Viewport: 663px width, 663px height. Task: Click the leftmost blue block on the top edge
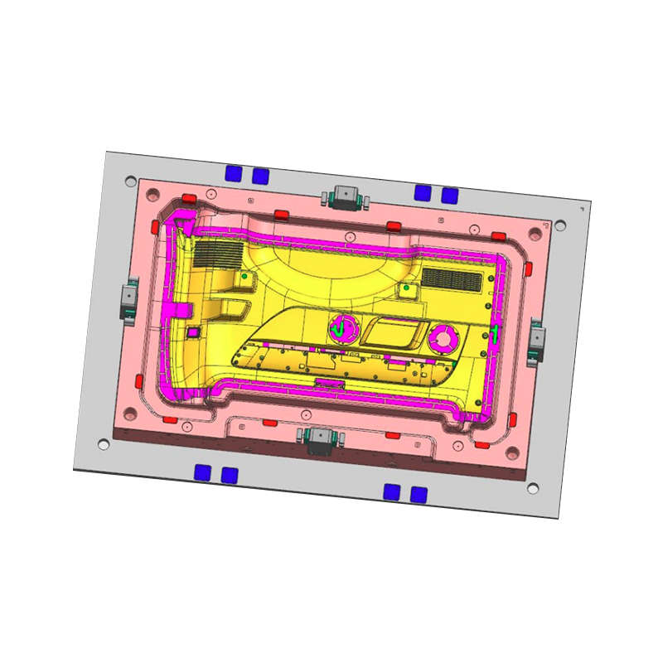click(235, 172)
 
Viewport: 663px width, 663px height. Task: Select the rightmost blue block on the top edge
click(450, 196)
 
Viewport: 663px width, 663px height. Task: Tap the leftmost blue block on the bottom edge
click(202, 472)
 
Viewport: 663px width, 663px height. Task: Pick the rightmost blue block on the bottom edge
click(419, 494)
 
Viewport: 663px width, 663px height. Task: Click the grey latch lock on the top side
click(342, 196)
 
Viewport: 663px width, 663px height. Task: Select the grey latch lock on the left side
click(128, 297)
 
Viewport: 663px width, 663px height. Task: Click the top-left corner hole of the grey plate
click(129, 180)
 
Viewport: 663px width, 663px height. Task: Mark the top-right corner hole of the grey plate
click(560, 225)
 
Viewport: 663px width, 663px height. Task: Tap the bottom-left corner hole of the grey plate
click(104, 444)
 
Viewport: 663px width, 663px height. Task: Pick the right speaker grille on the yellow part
click(452, 279)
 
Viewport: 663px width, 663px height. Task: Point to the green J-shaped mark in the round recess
click(340, 329)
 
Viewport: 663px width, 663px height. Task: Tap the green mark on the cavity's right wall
click(495, 335)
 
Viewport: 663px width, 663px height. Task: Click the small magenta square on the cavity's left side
click(193, 331)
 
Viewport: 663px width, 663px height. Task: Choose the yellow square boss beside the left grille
click(245, 277)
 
